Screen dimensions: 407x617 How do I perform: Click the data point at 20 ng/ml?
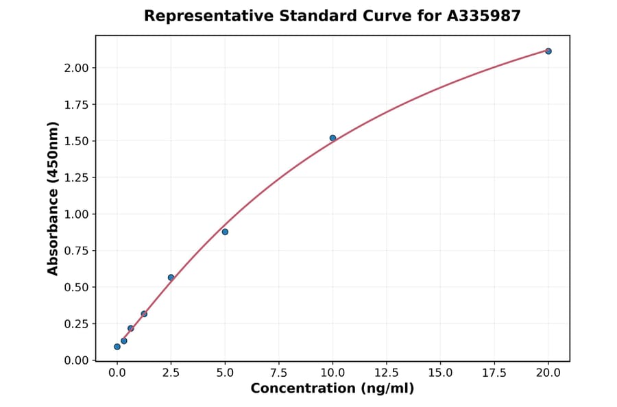click(x=548, y=51)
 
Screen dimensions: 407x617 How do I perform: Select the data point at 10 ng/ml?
click(x=332, y=138)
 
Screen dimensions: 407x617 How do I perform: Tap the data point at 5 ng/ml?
click(x=225, y=232)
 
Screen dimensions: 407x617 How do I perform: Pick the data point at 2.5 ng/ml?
click(x=171, y=277)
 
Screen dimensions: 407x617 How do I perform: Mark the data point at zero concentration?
click(x=117, y=347)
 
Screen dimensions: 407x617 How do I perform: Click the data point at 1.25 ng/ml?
click(x=144, y=314)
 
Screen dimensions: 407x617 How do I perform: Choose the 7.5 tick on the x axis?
click(x=278, y=373)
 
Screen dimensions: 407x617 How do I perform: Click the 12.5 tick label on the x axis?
click(x=386, y=373)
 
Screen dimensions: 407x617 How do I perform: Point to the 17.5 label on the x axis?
click(x=494, y=373)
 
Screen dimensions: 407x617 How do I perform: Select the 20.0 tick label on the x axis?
click(x=548, y=373)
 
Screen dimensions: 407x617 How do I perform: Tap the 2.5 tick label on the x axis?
click(x=171, y=373)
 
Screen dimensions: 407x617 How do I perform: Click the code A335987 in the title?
click(x=484, y=16)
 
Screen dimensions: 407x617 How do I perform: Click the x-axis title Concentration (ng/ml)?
click(x=332, y=389)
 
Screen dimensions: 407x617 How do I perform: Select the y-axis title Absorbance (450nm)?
click(x=53, y=198)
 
